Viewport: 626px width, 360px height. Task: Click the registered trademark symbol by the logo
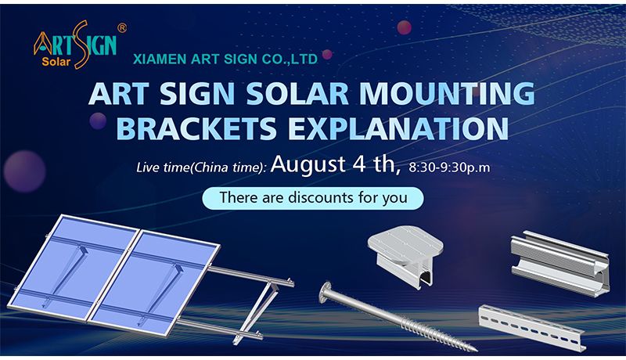point(122,28)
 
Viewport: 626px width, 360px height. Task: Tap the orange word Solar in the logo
point(56,62)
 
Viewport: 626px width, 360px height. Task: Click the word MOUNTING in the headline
point(447,93)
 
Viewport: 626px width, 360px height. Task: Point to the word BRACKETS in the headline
point(196,128)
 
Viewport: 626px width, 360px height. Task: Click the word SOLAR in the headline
point(297,93)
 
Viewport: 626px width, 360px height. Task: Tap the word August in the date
point(308,164)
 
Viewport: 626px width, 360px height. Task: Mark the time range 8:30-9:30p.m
point(449,167)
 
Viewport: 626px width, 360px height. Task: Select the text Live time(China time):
point(201,167)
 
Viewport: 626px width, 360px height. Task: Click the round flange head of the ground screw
point(326,293)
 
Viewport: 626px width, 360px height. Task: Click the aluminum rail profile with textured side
point(559,264)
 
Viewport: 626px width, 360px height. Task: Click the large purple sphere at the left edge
point(24,171)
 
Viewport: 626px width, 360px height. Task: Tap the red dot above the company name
point(404,27)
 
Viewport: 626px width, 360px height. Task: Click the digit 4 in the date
point(358,164)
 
